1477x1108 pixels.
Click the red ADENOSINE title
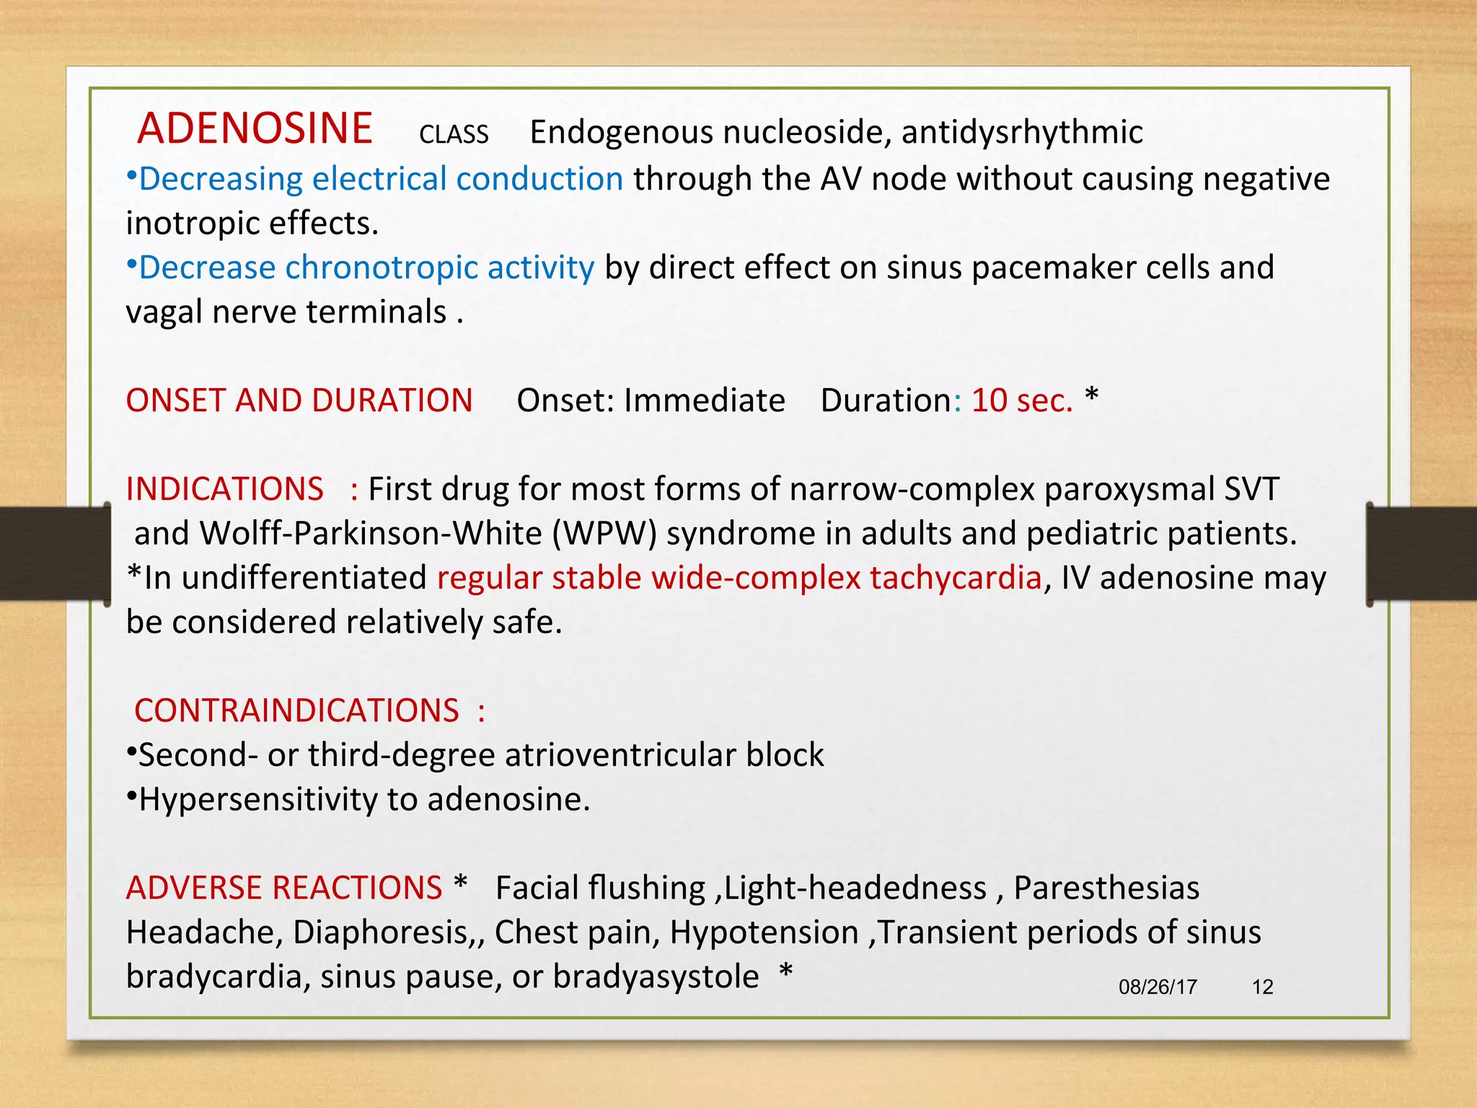click(255, 129)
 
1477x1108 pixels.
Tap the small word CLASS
click(454, 135)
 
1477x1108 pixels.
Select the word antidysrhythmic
click(1021, 133)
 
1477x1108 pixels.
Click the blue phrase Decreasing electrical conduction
click(381, 179)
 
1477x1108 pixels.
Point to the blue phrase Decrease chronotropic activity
click(366, 268)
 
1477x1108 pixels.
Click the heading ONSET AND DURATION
click(299, 400)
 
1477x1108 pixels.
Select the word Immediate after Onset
click(704, 400)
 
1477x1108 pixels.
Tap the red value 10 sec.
click(1021, 400)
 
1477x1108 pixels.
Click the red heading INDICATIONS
click(225, 489)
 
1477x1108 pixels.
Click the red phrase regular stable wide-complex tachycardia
click(739, 578)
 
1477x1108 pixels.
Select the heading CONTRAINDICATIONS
click(296, 711)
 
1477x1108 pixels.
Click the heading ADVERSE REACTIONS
click(284, 888)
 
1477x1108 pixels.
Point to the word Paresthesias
click(1106, 888)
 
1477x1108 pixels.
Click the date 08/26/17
click(1158, 987)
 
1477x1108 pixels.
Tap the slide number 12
click(1262, 987)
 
